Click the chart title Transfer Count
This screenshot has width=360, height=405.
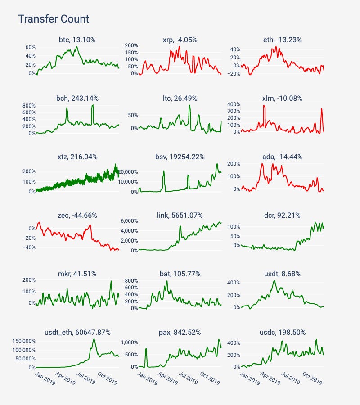coord(54,19)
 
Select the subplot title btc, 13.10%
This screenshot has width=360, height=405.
coord(77,40)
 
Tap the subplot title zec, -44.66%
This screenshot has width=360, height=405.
coord(77,215)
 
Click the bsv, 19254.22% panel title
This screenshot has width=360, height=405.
coord(180,157)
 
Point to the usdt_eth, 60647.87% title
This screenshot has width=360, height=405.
coord(77,332)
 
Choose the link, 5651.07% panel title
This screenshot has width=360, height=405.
coord(180,215)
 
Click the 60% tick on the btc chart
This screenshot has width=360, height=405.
coord(31,47)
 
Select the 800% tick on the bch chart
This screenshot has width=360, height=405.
coord(29,106)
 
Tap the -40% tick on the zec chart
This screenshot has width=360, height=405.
coord(29,247)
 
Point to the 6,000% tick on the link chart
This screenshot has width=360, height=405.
coord(130,221)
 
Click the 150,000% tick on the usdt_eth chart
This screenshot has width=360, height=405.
coord(24,341)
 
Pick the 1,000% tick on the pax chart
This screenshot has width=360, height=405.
coord(130,342)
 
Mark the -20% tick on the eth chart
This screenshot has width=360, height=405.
coord(234,74)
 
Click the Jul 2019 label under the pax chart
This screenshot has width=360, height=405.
coord(188,378)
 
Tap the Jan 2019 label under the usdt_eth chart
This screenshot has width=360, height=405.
coord(45,378)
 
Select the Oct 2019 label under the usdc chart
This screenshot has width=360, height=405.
coord(312,378)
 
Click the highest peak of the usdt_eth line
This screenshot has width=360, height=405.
coord(94,339)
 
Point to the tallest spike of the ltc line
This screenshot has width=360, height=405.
coord(189,105)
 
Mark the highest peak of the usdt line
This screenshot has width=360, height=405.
coord(274,281)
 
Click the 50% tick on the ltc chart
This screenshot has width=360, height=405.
coord(133,115)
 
